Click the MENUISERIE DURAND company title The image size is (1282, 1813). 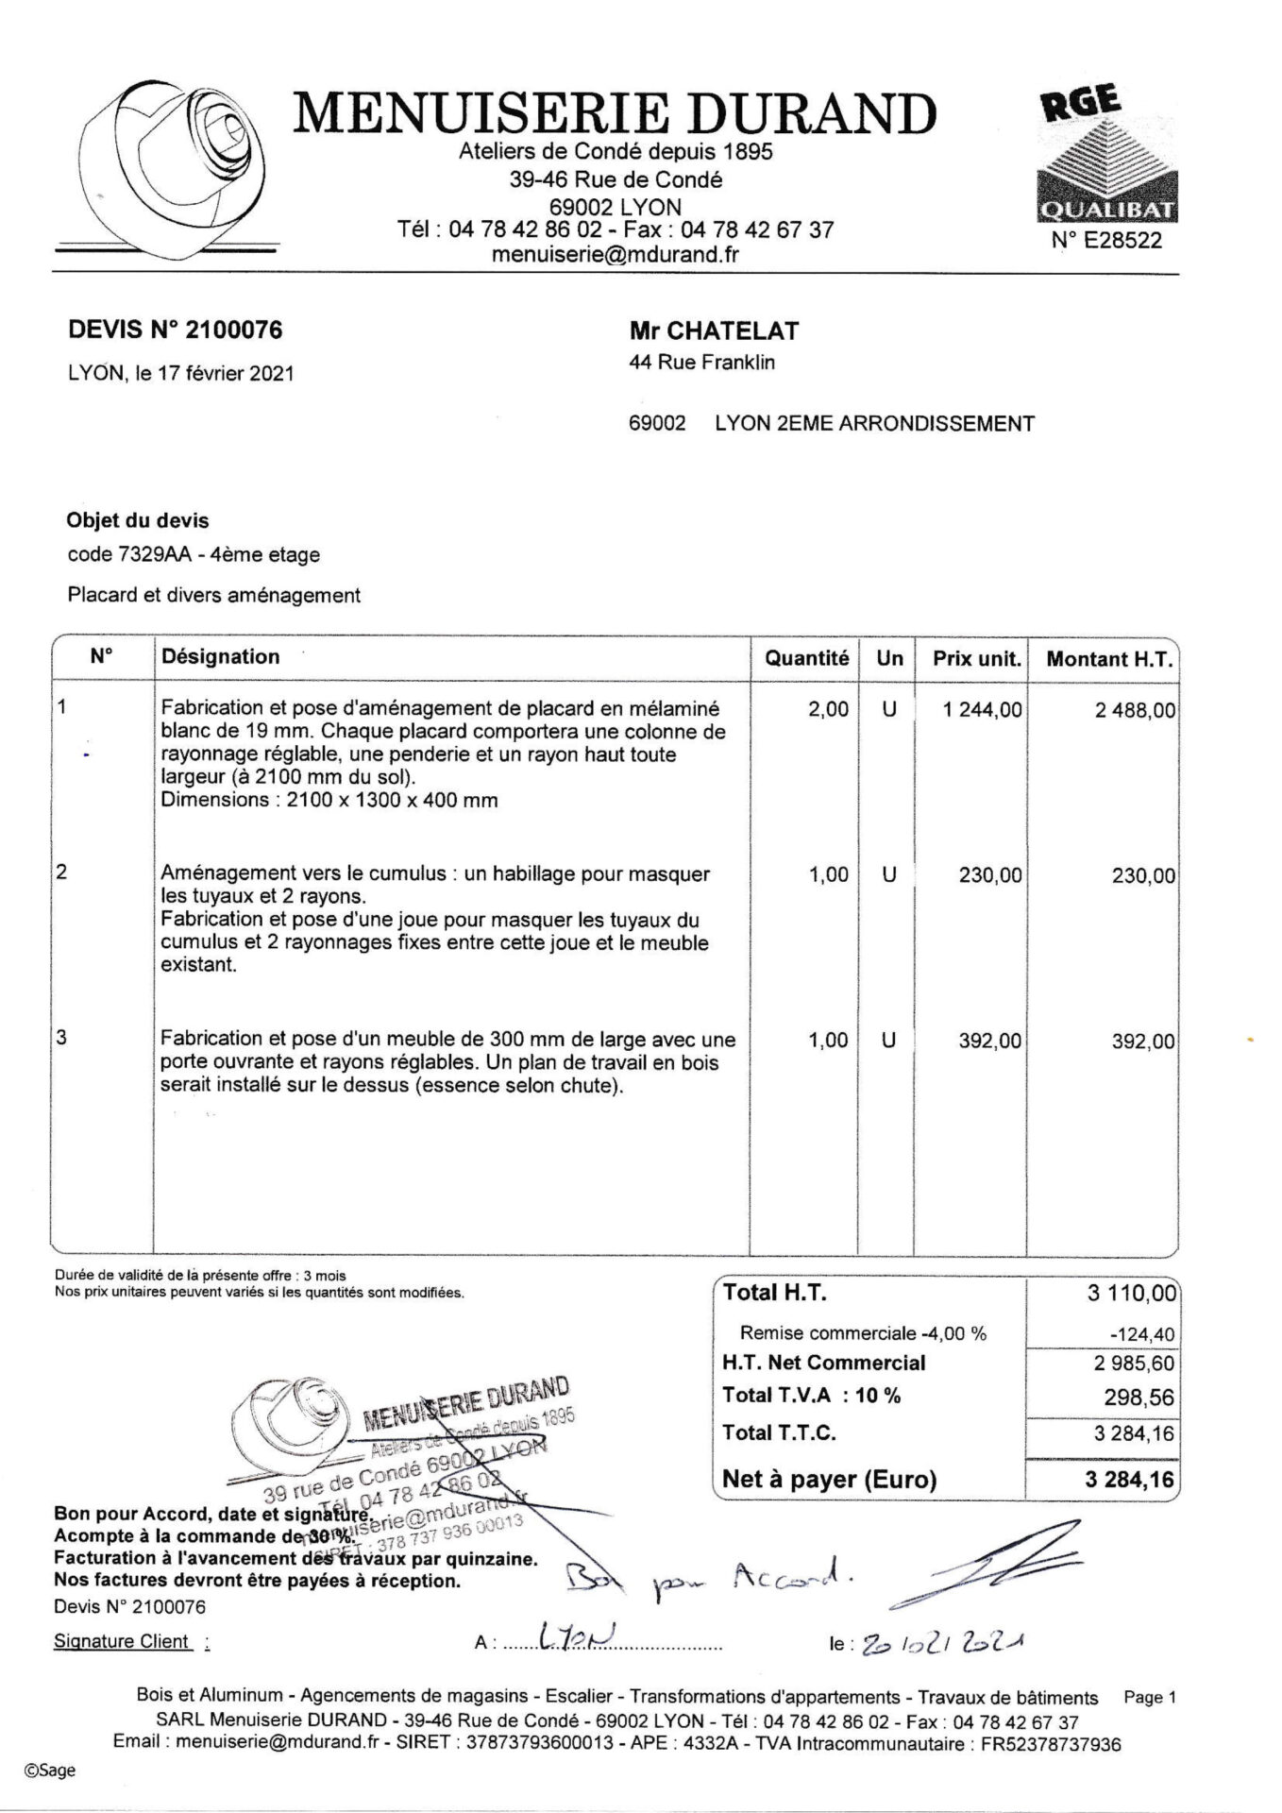(x=615, y=113)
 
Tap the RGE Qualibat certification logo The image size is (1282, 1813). (x=1106, y=156)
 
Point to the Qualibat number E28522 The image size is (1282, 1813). (x=1106, y=241)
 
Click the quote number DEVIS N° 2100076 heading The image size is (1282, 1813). (x=176, y=330)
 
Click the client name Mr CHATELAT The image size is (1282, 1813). (x=714, y=331)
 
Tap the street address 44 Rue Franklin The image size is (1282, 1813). (x=701, y=363)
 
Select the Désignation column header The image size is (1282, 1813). (x=221, y=657)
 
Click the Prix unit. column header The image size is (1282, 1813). (x=977, y=659)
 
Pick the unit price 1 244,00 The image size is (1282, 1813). (x=982, y=710)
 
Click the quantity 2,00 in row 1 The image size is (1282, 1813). (x=828, y=710)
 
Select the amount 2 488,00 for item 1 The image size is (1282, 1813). (x=1135, y=711)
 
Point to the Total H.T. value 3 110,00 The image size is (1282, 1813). (x=1132, y=1294)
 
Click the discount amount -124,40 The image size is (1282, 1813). (x=1143, y=1334)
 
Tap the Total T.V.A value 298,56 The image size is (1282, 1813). (x=1139, y=1397)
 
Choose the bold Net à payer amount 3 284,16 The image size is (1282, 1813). (x=1129, y=1480)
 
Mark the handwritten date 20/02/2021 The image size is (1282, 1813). (x=938, y=1643)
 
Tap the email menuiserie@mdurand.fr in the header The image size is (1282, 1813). (x=615, y=254)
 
